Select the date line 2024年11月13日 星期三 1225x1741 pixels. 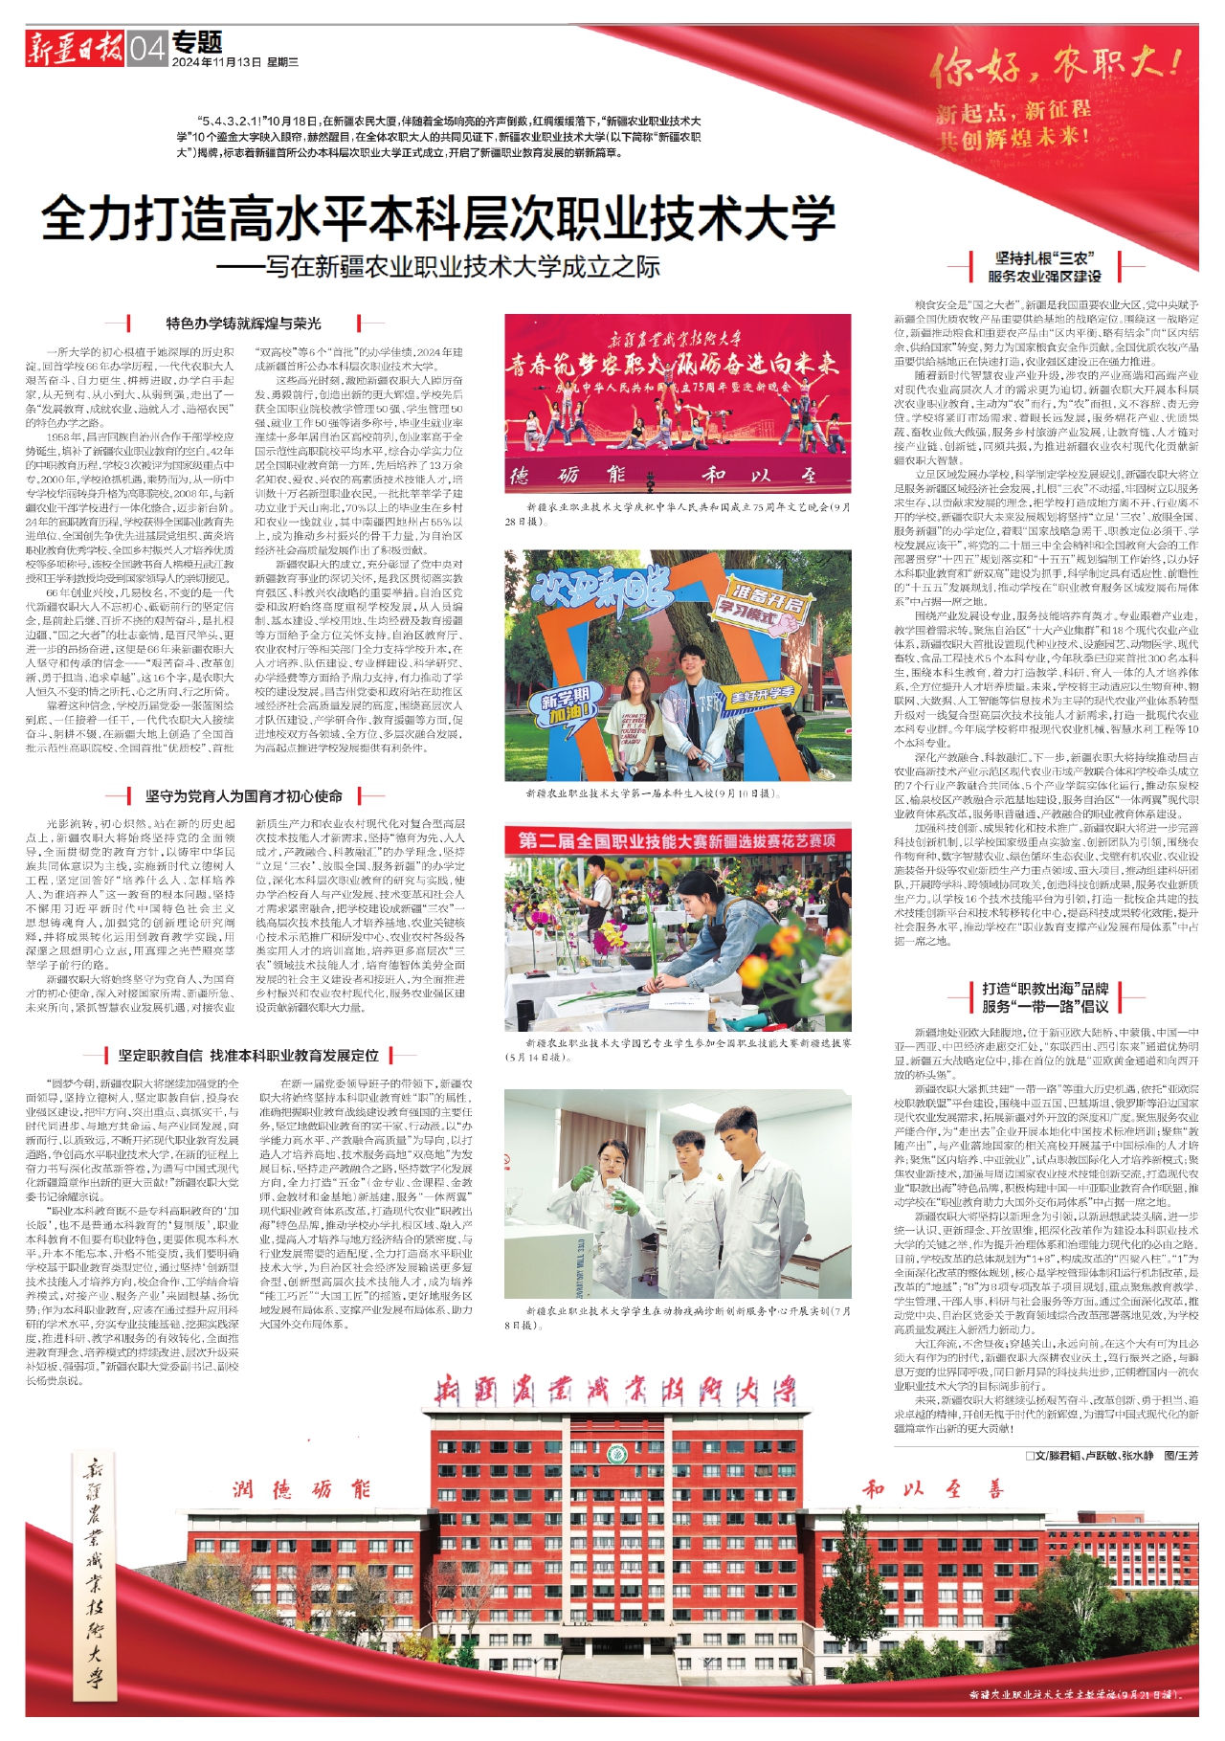pyautogui.click(x=235, y=62)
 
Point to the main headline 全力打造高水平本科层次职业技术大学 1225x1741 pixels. pyautogui.click(x=438, y=218)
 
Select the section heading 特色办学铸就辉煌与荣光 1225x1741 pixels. pyautogui.click(x=244, y=324)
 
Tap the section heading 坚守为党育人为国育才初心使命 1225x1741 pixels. pyautogui.click(x=244, y=795)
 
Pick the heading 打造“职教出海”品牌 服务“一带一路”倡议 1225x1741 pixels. pyautogui.click(x=1045, y=997)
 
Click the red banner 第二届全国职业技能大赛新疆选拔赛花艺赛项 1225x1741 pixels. pyautogui.click(x=678, y=840)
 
